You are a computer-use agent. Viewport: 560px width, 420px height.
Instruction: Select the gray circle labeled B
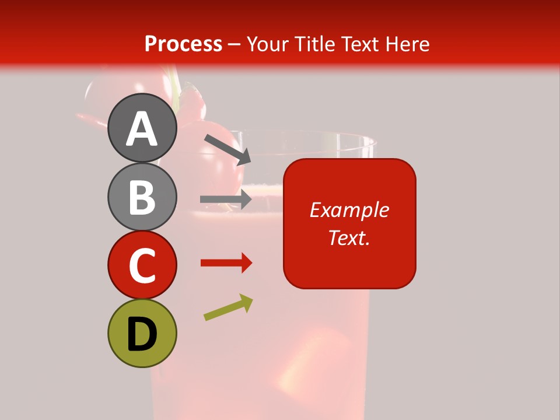click(x=142, y=197)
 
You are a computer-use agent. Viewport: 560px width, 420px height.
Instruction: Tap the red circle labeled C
click(x=142, y=264)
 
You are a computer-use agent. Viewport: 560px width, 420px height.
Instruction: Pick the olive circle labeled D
click(x=142, y=333)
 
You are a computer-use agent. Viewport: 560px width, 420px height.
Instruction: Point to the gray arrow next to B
click(x=226, y=199)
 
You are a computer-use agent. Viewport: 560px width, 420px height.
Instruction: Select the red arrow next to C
click(x=226, y=263)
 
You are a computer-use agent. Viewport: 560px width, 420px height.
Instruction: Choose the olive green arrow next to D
click(x=228, y=307)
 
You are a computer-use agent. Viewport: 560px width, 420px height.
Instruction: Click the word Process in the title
click(x=183, y=44)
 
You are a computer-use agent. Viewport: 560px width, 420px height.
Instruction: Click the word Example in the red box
click(x=349, y=210)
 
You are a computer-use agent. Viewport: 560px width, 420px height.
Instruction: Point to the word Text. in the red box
click(x=349, y=237)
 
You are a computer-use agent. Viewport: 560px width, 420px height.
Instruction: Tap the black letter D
click(x=142, y=334)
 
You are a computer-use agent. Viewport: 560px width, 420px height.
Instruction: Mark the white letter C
click(x=142, y=265)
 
